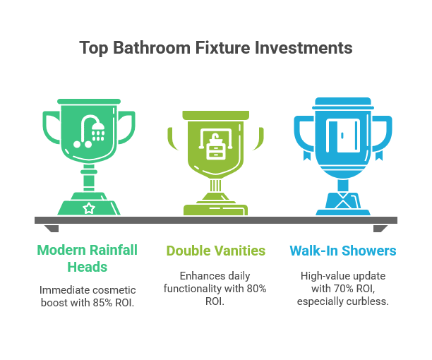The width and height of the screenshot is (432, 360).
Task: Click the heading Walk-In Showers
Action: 342,251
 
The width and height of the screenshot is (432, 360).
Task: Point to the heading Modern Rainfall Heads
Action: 87,258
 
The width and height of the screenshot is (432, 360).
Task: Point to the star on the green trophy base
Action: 89,208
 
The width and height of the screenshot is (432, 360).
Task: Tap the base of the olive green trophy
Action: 215,208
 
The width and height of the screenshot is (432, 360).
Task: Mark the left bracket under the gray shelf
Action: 52,229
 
